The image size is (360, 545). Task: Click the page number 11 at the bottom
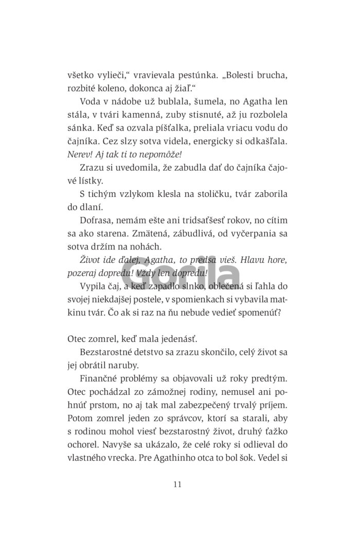[178, 483]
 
